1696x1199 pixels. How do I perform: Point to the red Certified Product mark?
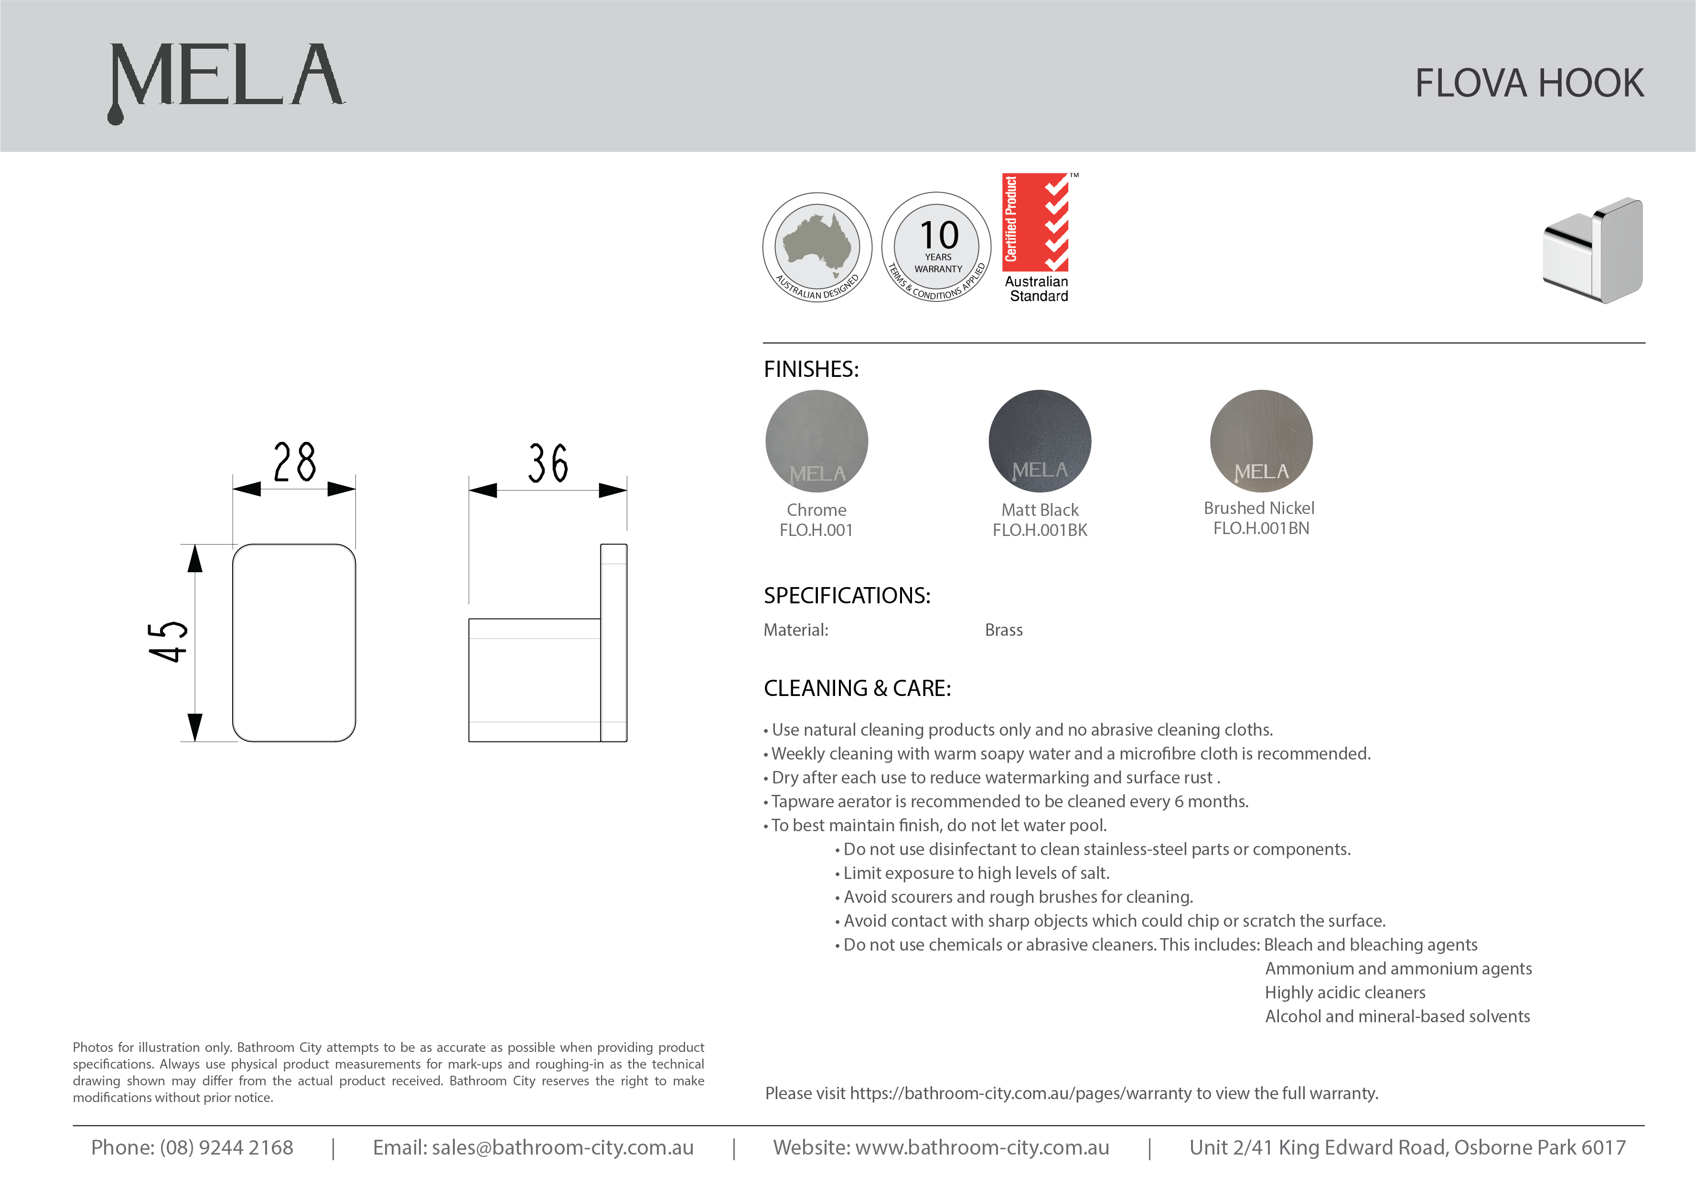(1036, 223)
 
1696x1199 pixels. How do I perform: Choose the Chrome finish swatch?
(816, 441)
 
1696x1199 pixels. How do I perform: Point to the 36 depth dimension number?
(547, 464)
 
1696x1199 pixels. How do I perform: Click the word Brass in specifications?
(1003, 630)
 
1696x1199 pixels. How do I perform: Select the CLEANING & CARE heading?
(857, 688)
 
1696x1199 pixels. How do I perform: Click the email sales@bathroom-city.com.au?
(562, 1147)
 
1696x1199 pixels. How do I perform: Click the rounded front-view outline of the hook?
(294, 642)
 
